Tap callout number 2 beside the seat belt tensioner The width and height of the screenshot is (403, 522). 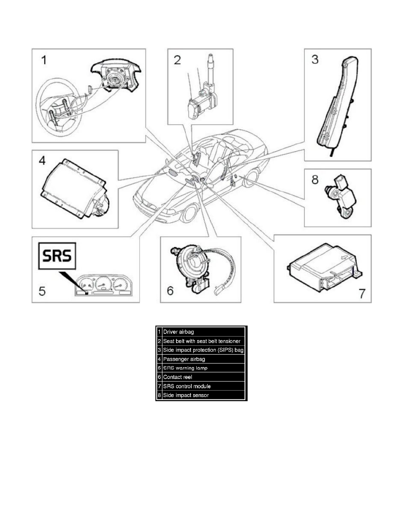177,60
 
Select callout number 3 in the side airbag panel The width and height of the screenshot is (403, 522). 315,60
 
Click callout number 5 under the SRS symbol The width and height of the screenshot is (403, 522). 43,290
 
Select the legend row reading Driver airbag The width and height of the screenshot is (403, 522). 202,331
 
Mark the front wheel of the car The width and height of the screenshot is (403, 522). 188,213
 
